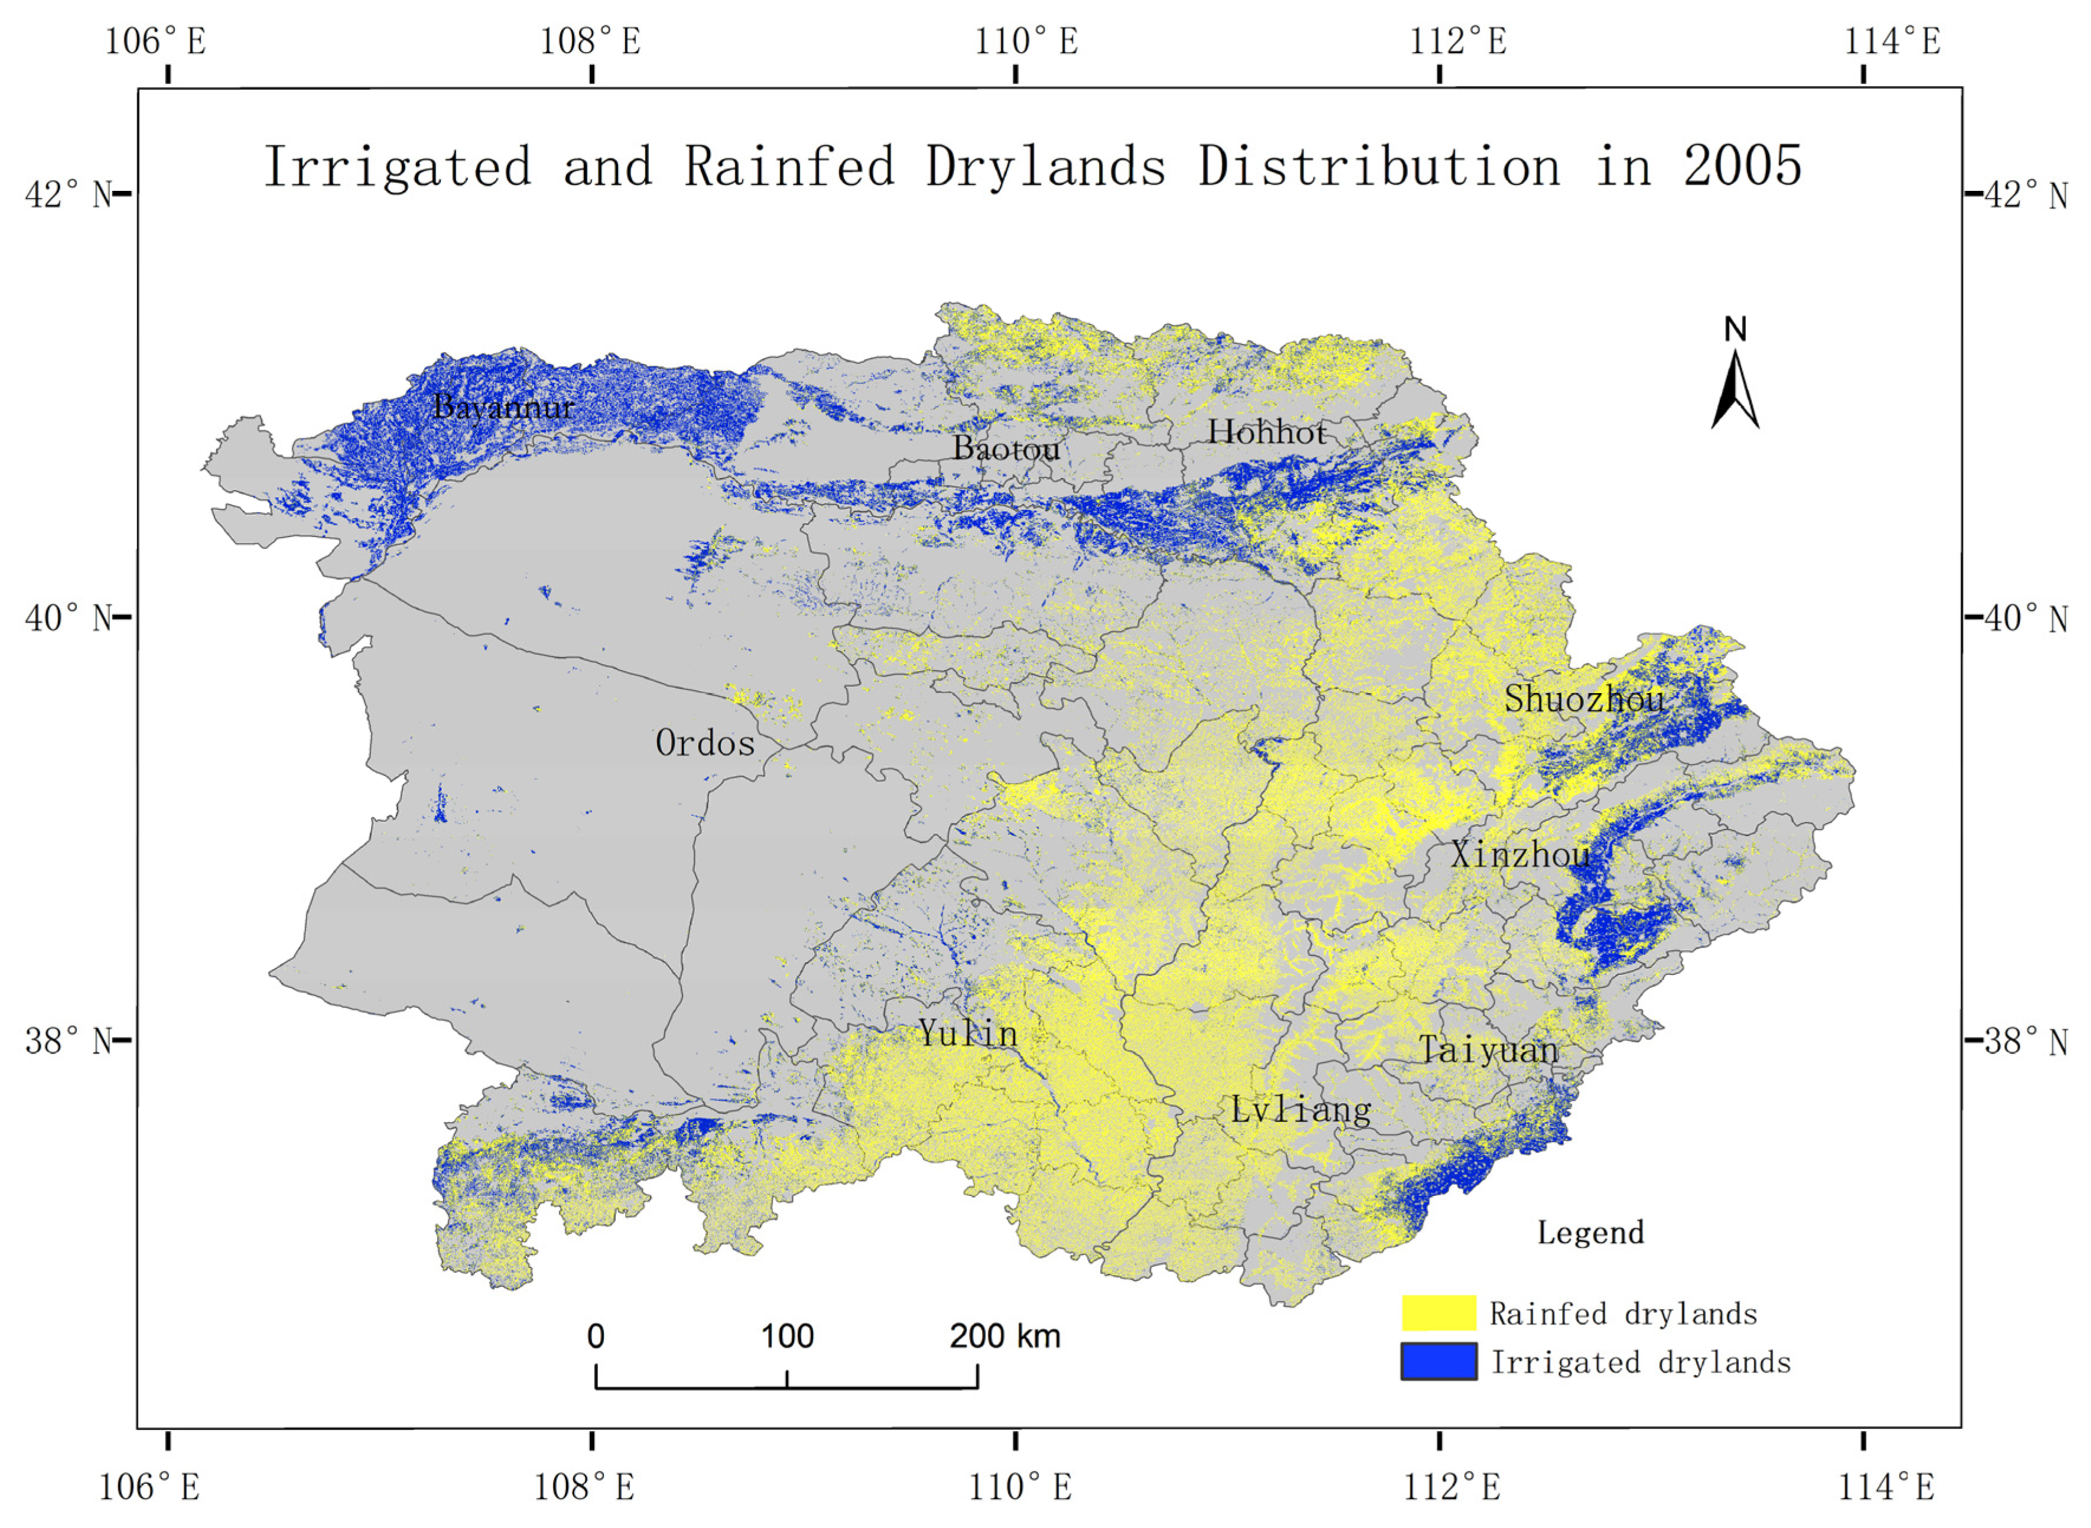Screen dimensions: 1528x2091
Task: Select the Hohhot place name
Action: click(1266, 432)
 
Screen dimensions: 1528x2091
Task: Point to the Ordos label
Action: click(705, 743)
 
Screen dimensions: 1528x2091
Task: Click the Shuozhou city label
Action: click(1584, 699)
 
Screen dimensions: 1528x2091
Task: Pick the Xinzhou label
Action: click(1520, 854)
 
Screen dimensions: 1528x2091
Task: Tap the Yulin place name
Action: click(967, 1033)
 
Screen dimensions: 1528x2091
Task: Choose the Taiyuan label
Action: click(1488, 1050)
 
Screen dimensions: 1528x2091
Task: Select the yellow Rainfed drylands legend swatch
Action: click(1438, 1312)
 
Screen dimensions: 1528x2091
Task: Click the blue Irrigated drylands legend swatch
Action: click(1438, 1361)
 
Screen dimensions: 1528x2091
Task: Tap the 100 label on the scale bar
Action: click(787, 1337)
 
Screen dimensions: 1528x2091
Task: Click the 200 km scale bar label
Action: click(1004, 1337)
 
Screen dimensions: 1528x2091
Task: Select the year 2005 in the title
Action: click(1742, 167)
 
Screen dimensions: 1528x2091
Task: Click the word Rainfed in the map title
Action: click(789, 167)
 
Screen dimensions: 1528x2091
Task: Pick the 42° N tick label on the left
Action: click(67, 195)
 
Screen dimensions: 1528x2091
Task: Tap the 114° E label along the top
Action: click(1892, 41)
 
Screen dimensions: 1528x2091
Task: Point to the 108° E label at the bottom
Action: click(584, 1487)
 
